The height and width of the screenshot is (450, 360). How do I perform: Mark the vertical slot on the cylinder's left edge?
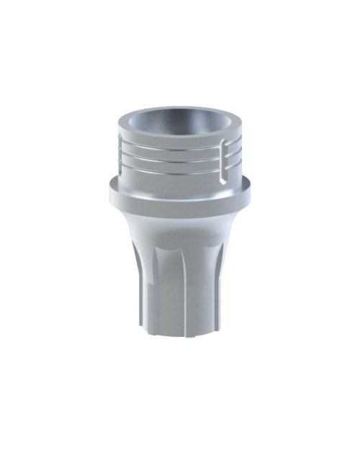pos(119,155)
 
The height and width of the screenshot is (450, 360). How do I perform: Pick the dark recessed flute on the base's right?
pos(217,288)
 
